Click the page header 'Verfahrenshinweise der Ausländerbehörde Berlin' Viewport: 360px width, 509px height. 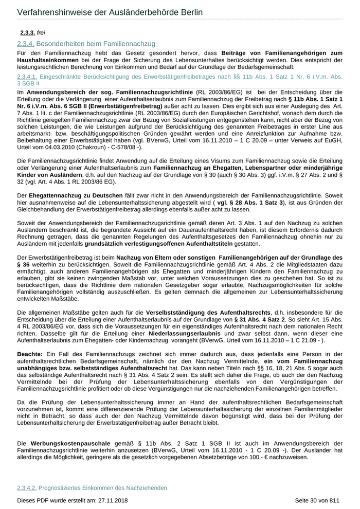(110, 12)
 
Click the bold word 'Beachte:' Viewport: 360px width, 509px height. (30, 355)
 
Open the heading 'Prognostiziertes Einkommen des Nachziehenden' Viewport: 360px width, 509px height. (103, 487)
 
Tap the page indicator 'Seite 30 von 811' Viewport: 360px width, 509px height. (317, 500)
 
